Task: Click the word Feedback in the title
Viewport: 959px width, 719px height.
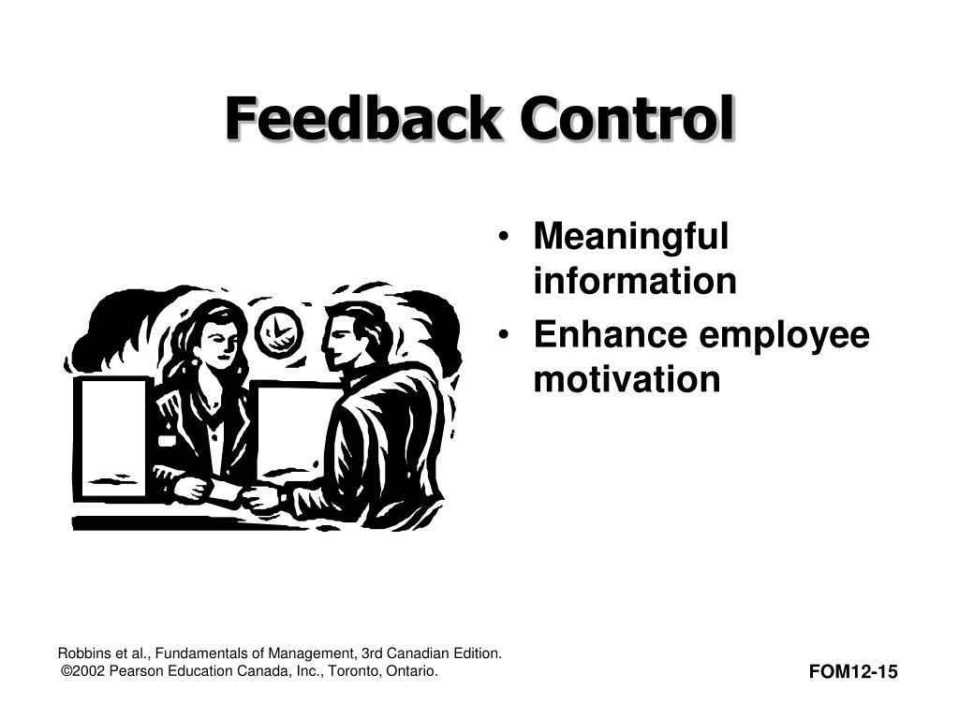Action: pyautogui.click(x=365, y=120)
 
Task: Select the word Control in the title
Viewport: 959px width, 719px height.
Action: pyautogui.click(x=627, y=120)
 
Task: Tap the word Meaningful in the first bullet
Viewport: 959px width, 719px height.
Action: pyautogui.click(x=630, y=236)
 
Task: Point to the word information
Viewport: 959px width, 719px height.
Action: pyautogui.click(x=635, y=281)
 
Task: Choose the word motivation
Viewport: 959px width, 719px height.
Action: pyautogui.click(x=627, y=379)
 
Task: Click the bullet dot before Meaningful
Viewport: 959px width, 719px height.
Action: pyautogui.click(x=506, y=237)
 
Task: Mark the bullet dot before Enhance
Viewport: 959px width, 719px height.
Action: pyautogui.click(x=506, y=336)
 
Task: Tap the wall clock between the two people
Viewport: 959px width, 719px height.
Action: pyautogui.click(x=278, y=331)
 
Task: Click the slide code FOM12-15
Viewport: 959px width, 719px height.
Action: pyautogui.click(x=853, y=671)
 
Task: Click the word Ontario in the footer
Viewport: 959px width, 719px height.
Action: pyautogui.click(x=409, y=671)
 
